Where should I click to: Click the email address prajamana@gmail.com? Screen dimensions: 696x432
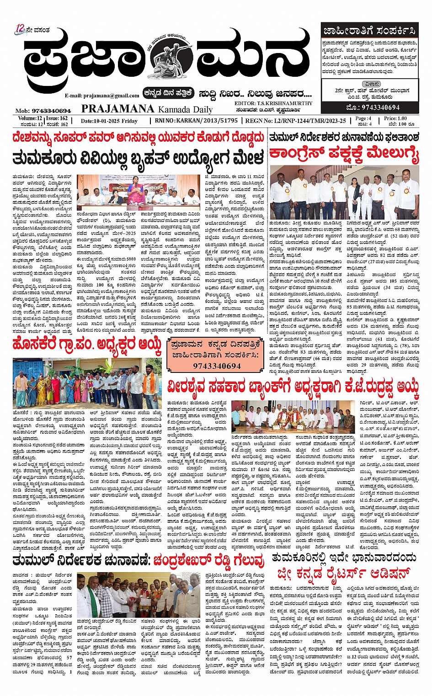pos(102,96)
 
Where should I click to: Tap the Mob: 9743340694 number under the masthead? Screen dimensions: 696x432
pos(43,111)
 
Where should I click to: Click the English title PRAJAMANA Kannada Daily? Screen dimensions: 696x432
pos(147,109)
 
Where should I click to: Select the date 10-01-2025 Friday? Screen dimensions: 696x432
pos(109,121)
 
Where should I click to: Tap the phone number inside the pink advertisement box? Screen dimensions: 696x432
pos(217,366)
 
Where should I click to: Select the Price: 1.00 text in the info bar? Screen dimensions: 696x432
pos(395,118)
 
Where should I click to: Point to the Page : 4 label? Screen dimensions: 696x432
pos(363,118)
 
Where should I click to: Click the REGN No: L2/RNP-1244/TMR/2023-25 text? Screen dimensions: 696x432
pos(295,121)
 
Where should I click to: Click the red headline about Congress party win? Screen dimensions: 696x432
pos(344,155)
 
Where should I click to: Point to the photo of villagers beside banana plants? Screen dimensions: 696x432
pos(87,383)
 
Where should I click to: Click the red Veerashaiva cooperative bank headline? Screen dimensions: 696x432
pos(293,388)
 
